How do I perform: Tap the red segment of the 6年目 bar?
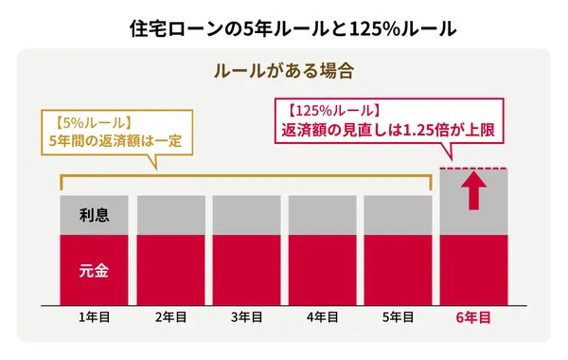(474, 271)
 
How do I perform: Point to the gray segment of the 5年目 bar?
(397, 215)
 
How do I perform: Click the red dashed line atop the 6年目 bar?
(474, 169)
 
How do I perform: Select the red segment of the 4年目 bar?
(321, 271)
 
